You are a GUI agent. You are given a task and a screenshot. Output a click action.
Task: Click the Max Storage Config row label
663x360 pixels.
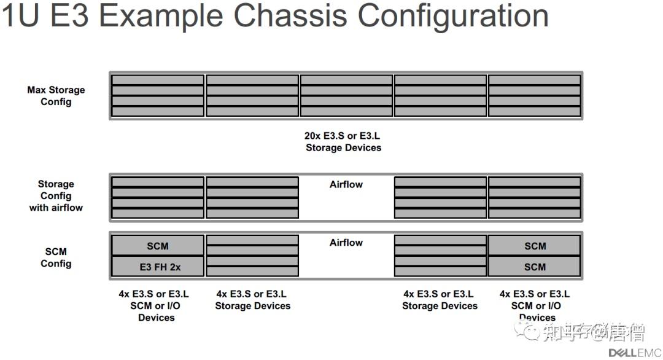pos(56,96)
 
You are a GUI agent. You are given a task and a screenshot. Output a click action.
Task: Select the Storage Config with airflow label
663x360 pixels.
pos(56,196)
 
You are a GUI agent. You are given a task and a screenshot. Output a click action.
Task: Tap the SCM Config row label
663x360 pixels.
pos(56,257)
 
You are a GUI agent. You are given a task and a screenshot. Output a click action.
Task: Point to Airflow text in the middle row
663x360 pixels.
pos(346,184)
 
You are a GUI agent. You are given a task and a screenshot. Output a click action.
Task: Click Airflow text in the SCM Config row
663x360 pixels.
pos(346,243)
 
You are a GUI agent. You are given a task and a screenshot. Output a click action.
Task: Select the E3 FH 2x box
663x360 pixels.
pos(157,267)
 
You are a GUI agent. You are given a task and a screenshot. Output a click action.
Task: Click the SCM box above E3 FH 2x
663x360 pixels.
pos(157,246)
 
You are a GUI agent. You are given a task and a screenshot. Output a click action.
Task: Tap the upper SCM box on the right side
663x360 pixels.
pos(535,246)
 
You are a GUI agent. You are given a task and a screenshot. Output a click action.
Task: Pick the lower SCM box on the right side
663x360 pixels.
pos(535,267)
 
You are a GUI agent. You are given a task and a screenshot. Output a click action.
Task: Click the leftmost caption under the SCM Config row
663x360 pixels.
pos(156,306)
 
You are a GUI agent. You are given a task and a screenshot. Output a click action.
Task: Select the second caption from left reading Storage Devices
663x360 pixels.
pos(252,300)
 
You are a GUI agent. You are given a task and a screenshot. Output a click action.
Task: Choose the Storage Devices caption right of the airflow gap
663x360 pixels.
pos(440,300)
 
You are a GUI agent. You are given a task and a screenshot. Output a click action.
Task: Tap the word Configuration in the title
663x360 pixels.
pos(453,17)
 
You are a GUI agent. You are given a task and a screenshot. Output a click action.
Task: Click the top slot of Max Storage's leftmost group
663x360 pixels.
pos(158,80)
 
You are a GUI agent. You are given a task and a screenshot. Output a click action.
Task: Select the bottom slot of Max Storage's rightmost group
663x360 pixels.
pos(534,111)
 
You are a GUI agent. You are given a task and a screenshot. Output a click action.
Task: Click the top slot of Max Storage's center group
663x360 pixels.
pos(346,80)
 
